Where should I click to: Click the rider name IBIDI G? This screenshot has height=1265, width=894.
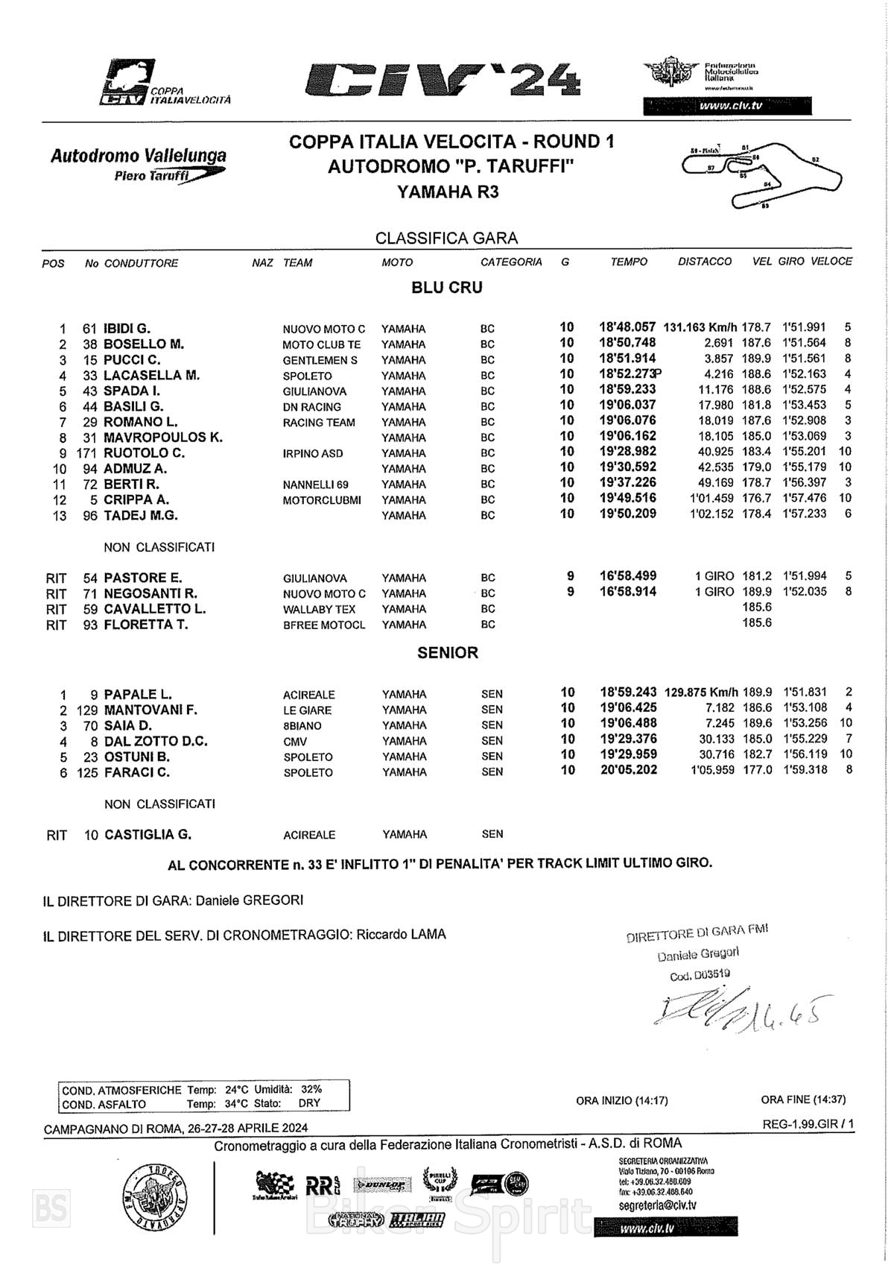click(x=127, y=329)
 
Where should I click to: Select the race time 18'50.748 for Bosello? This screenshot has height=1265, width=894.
click(x=627, y=343)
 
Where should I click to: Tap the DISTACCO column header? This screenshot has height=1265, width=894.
click(x=704, y=262)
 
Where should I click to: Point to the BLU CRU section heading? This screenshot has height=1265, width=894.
click(x=447, y=288)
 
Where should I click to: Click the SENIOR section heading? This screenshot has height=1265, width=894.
click(x=447, y=652)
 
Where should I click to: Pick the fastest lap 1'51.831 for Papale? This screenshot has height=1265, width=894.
click(x=805, y=693)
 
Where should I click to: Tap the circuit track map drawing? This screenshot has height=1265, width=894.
click(x=761, y=173)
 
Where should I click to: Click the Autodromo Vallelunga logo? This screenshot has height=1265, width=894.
click(x=139, y=164)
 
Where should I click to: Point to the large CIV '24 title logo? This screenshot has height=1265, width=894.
click(x=443, y=80)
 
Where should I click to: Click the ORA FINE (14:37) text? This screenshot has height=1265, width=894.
click(x=803, y=1100)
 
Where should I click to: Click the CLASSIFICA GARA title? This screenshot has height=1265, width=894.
click(x=446, y=239)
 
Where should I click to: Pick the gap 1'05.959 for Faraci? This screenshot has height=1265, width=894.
click(x=712, y=770)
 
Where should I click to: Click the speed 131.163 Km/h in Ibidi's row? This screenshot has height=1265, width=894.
click(x=700, y=327)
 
